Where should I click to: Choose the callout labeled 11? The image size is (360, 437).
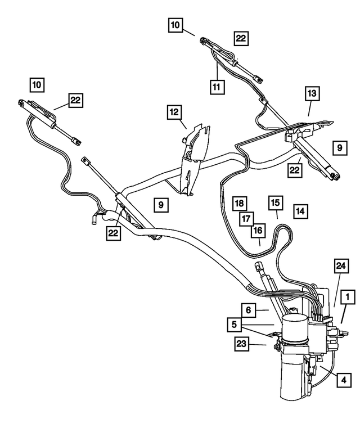[x=218, y=87]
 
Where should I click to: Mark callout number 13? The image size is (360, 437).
[x=312, y=93]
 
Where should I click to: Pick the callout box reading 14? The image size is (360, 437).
[x=300, y=211]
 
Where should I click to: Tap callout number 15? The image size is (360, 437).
[x=274, y=203]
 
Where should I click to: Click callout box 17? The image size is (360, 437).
[x=246, y=218]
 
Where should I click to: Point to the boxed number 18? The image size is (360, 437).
[x=239, y=203]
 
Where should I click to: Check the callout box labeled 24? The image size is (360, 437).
[x=340, y=266]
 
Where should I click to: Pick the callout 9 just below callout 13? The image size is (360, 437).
[x=339, y=147]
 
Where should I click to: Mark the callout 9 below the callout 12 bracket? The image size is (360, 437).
[x=160, y=205]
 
